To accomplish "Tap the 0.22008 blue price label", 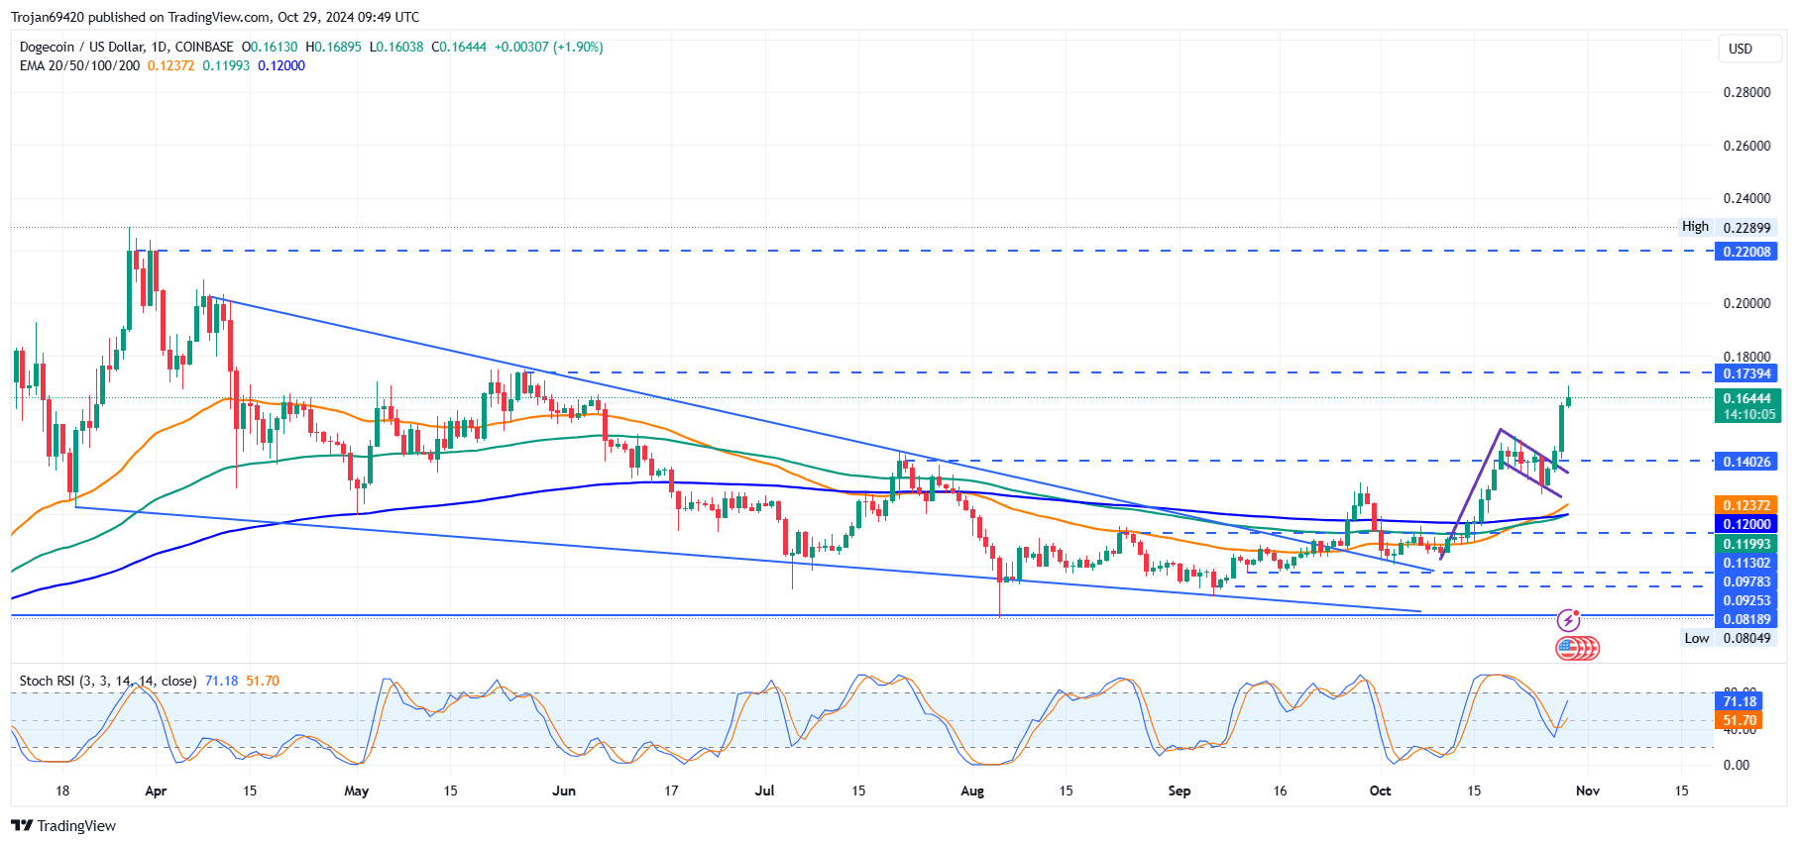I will point(1746,252).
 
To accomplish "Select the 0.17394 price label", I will point(1746,373).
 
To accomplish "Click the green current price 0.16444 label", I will point(1746,398).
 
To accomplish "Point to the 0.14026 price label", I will point(1746,462).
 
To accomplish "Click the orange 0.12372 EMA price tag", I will point(1746,505).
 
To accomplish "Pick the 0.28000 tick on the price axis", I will point(1746,92).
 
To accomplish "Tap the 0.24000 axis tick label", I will point(1746,198).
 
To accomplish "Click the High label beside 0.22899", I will point(1695,227).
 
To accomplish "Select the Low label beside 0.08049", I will point(1696,638).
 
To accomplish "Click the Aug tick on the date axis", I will point(972,791).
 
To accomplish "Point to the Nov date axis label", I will point(1587,791).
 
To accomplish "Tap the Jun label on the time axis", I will point(563,791).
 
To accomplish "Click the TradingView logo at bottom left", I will point(63,825).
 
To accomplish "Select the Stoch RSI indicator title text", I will point(108,681).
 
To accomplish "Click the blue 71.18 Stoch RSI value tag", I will point(1740,701).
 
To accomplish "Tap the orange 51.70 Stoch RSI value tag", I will point(1740,720).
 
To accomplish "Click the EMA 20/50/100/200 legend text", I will point(79,65).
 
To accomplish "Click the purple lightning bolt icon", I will point(1568,621).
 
